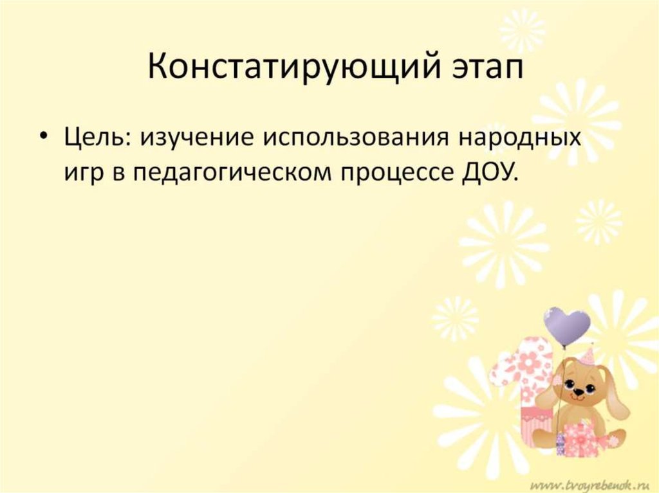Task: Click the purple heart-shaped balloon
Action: pos(566,325)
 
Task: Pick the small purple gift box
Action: pos(559,443)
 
